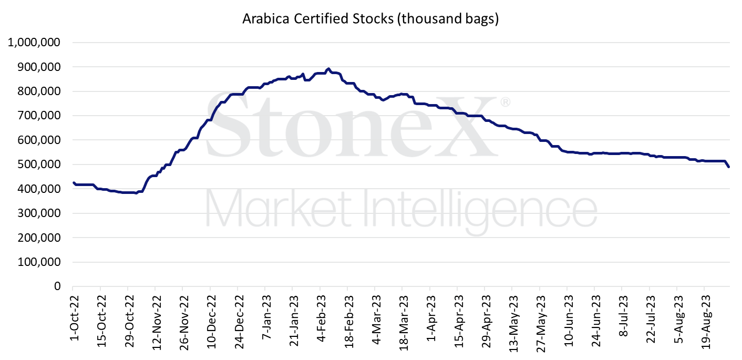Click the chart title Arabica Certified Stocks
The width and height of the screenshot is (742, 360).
[370, 19]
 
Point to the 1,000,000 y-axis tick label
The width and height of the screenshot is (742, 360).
[33, 43]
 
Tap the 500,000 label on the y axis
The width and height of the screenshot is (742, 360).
[40, 164]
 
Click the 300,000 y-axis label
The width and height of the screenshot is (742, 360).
[40, 213]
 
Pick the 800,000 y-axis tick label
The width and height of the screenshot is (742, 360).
[40, 91]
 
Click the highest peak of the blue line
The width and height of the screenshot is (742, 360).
[328, 69]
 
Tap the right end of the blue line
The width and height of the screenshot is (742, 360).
[729, 167]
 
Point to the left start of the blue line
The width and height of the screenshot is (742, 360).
[73, 182]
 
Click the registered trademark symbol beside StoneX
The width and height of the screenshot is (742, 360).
[504, 102]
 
